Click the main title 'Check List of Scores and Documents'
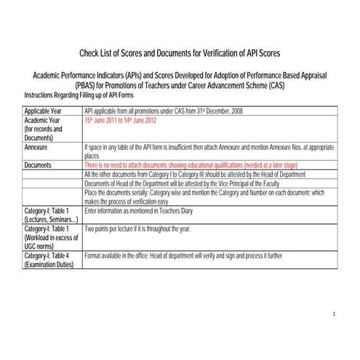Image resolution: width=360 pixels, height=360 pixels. point(179,53)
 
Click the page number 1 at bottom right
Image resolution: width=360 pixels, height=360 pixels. point(332,314)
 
